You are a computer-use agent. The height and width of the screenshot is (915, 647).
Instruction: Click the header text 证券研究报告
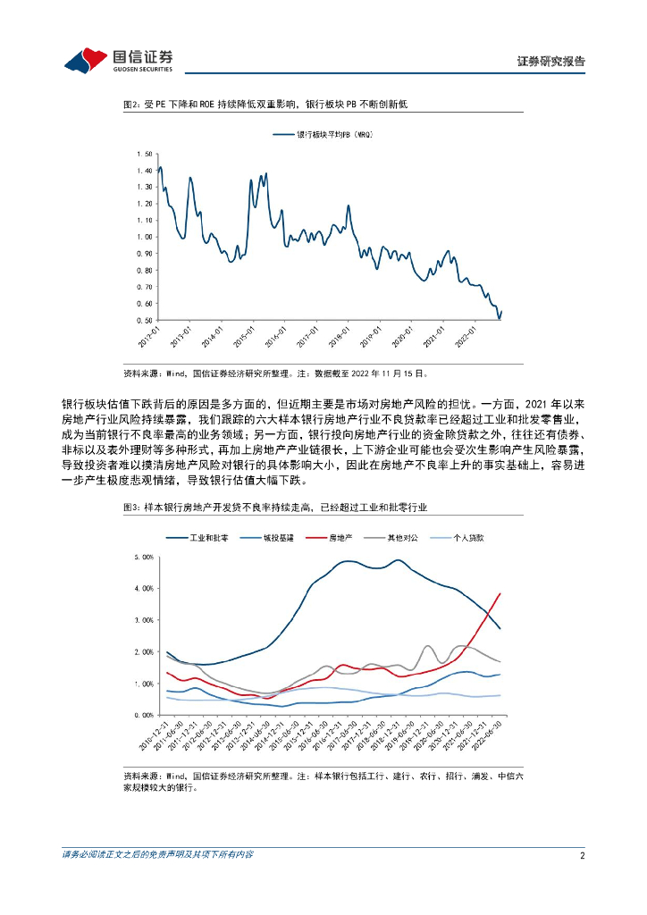point(551,62)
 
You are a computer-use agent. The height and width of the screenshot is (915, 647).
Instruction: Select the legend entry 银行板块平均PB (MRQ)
point(322,135)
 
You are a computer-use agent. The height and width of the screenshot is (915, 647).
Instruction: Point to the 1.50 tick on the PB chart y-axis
point(146,154)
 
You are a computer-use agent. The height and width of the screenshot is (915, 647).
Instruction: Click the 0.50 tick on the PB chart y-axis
point(146,320)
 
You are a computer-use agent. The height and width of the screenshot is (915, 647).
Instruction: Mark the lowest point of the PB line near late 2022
point(499,318)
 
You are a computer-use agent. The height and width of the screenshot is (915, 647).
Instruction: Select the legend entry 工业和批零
point(198,538)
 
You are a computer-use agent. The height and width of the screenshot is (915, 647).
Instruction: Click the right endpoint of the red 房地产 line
point(500,593)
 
